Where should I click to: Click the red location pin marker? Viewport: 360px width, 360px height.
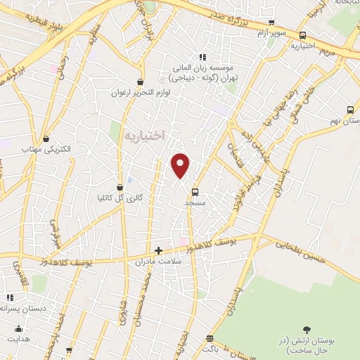coord(181,165)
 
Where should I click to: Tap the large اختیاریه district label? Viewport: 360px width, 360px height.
coord(143,134)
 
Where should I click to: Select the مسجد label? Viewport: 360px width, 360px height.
coord(193,202)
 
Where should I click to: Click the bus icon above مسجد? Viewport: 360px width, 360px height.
coord(195,191)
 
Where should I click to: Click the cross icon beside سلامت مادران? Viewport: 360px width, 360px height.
coord(158,250)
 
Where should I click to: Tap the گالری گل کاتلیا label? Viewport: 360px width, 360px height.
coord(120,198)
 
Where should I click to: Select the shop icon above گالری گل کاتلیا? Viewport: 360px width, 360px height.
coord(120,187)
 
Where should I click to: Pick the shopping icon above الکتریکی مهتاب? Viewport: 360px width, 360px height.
coord(46,139)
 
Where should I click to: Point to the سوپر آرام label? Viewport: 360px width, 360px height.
coord(270,34)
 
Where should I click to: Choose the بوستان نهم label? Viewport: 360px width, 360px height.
coord(345,121)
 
